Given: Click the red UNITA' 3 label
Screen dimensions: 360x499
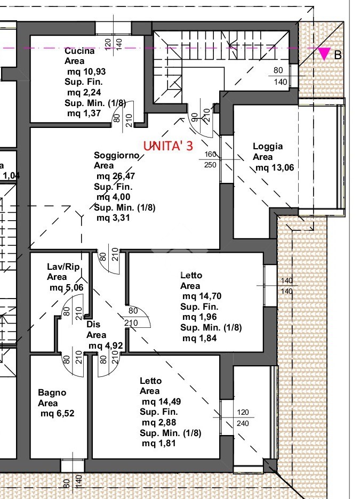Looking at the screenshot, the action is [x=168, y=146].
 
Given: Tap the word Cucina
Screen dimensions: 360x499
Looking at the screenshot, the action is [x=79, y=51].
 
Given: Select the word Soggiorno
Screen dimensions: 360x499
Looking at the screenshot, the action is [x=116, y=155].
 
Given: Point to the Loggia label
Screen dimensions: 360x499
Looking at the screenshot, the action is [x=268, y=147].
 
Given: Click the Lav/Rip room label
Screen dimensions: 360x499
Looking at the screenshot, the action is [x=63, y=267].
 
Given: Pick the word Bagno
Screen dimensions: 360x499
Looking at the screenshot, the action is [x=52, y=393].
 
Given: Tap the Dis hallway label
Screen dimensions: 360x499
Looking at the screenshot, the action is [x=93, y=324].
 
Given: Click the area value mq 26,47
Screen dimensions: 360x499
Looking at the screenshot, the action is [x=116, y=176].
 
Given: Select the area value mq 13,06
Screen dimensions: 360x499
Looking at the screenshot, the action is [x=275, y=167].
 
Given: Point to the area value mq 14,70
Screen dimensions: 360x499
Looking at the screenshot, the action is [x=202, y=296].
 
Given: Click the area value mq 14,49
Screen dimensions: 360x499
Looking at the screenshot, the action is [x=162, y=401].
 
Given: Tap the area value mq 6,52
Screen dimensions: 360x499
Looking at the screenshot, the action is [x=57, y=413].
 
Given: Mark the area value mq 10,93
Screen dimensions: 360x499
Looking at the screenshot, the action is [x=86, y=71].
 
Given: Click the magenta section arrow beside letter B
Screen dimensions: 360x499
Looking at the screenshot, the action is [x=324, y=53].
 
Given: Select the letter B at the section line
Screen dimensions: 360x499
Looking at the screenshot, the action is [x=338, y=55].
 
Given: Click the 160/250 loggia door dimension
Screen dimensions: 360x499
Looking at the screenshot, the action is [x=210, y=159].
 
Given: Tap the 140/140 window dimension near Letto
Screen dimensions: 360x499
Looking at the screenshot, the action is [x=287, y=286].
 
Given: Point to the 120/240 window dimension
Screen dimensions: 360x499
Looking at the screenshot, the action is [x=243, y=417].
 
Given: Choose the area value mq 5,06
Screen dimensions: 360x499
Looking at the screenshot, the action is [x=67, y=288].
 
